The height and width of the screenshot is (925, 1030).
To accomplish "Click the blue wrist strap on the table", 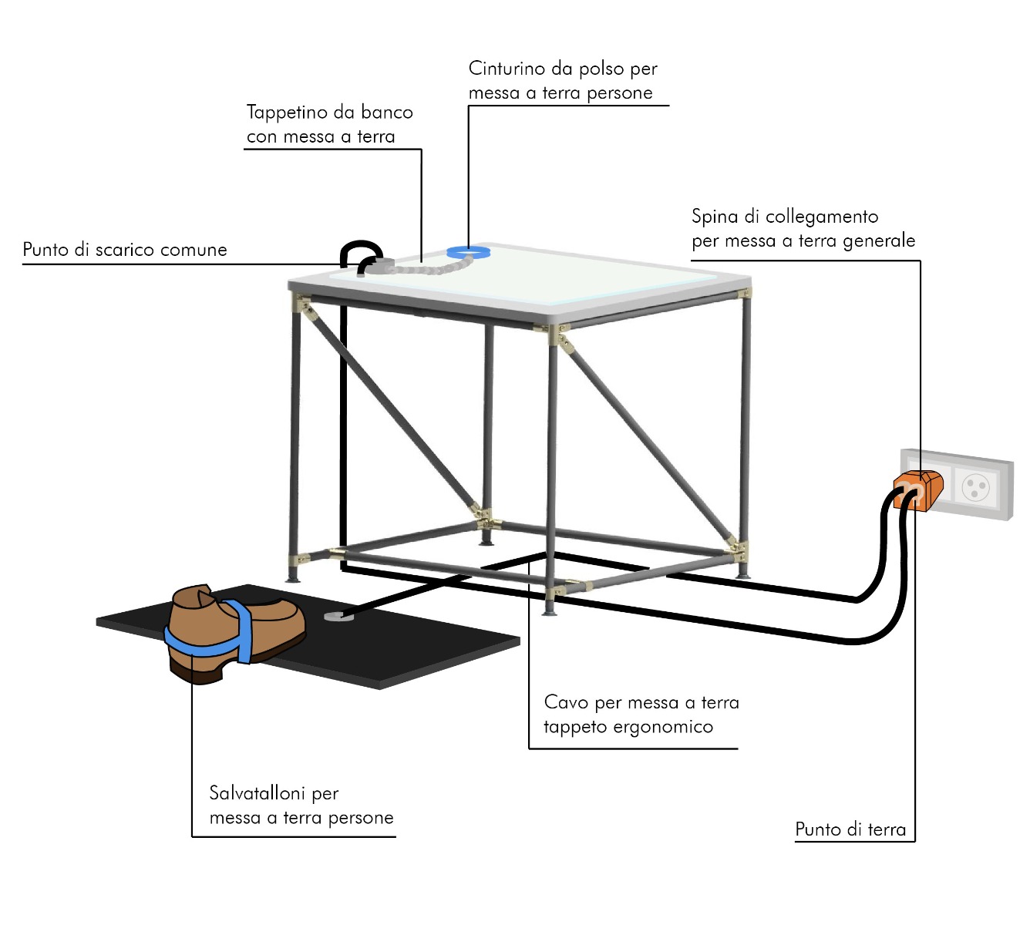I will point(470,251).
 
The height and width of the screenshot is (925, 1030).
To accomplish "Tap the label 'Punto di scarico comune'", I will point(125,250).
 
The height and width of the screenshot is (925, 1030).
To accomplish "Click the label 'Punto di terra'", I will point(850,829).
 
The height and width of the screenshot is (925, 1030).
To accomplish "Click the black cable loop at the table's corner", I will point(360,251).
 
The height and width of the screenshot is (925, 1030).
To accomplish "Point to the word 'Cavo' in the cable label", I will point(566,702).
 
